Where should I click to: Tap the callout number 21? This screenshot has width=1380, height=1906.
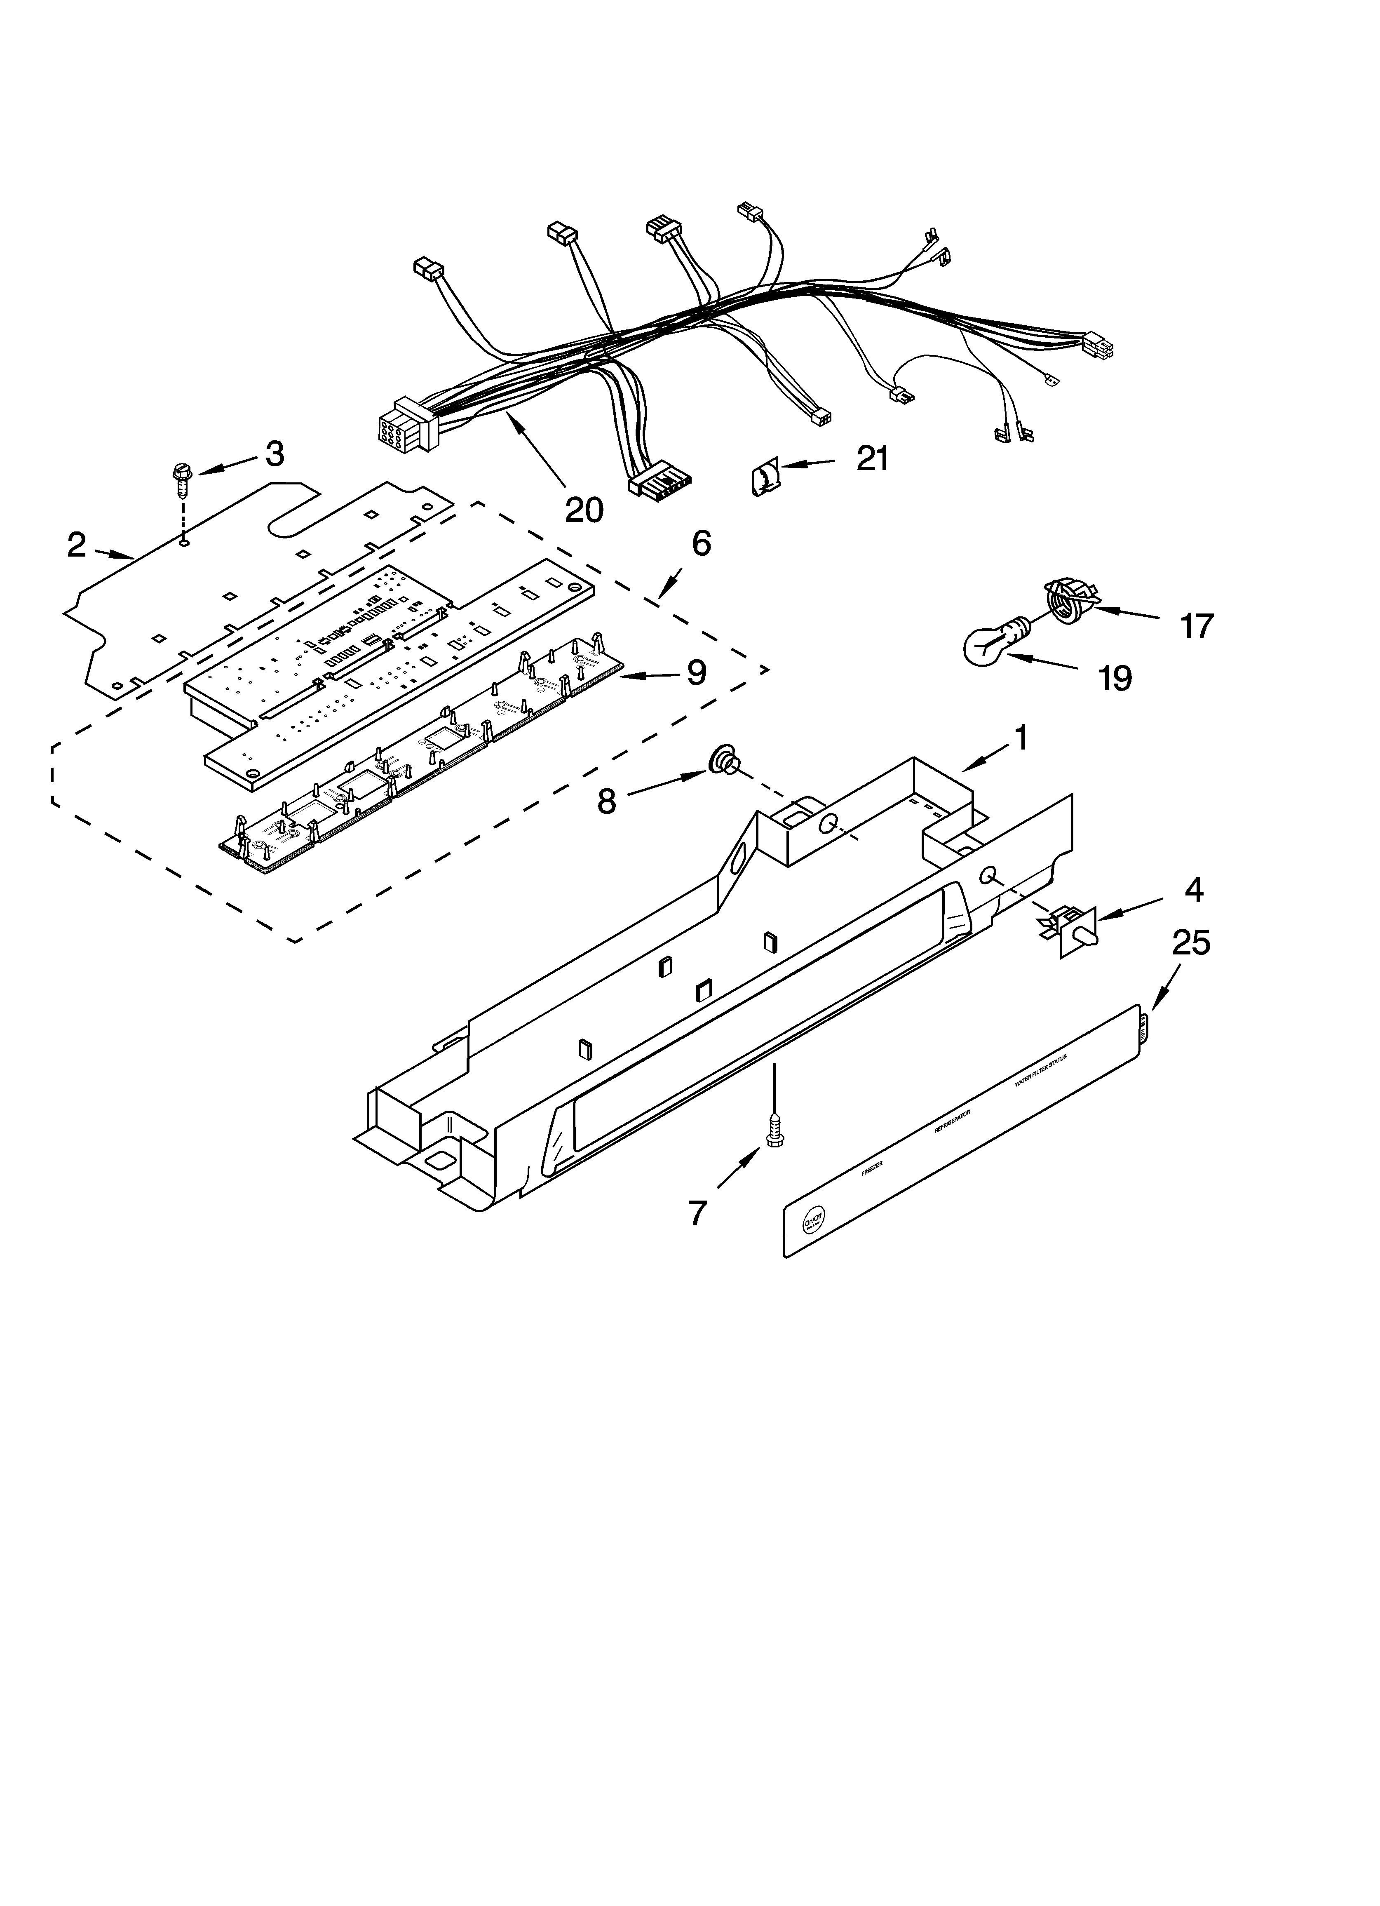872,459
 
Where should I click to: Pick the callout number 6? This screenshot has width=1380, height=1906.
701,544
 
